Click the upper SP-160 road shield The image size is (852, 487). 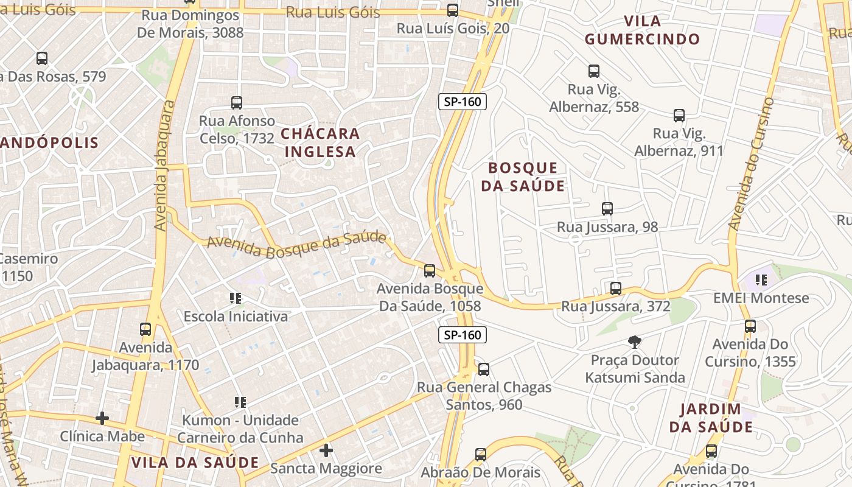click(x=463, y=102)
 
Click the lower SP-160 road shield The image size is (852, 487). click(x=463, y=334)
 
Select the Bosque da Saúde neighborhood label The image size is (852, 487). click(x=523, y=177)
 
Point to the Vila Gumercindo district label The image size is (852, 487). click(x=642, y=30)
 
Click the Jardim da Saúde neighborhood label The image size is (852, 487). click(x=711, y=418)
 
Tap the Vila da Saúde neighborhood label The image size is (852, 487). click(x=195, y=462)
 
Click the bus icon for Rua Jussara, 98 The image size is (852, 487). click(x=607, y=209)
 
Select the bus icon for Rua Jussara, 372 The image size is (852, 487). click(x=615, y=289)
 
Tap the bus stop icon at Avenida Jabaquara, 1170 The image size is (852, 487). click(x=145, y=329)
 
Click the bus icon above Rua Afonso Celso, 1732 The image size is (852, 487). click(x=237, y=103)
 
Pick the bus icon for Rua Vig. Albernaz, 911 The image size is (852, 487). click(x=679, y=116)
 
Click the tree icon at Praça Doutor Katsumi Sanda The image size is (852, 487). click(x=635, y=342)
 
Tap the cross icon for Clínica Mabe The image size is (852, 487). click(x=102, y=418)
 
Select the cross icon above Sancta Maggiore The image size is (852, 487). click(x=326, y=450)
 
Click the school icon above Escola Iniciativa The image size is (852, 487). click(x=236, y=298)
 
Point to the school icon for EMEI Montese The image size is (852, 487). click(x=761, y=280)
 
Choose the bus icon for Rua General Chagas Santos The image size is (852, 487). click(x=484, y=370)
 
